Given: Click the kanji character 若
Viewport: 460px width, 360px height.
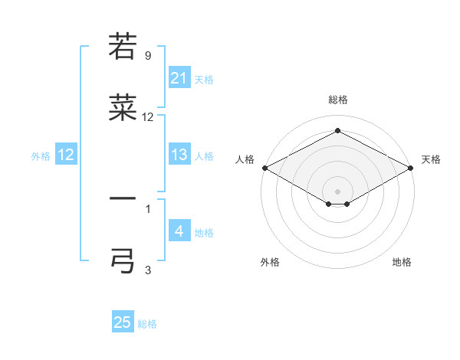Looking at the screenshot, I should (x=123, y=46).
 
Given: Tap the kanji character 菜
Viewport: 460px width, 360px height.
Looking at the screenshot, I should (x=123, y=110).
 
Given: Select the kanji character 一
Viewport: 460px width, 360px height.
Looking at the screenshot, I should (x=123, y=199).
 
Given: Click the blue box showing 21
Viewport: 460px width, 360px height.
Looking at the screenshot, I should (x=179, y=78).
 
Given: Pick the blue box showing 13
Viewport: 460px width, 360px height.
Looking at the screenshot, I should (x=179, y=155).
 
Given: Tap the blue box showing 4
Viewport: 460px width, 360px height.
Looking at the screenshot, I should (x=179, y=231).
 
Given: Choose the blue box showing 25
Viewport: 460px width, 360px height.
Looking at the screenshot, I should (x=123, y=322).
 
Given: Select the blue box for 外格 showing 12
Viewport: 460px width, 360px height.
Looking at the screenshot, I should (x=66, y=155).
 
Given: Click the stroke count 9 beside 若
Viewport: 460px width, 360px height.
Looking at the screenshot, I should (x=147, y=56).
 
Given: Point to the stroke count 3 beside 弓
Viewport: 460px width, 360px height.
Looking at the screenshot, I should (x=147, y=270).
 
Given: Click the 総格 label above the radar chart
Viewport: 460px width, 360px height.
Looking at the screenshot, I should (x=337, y=100).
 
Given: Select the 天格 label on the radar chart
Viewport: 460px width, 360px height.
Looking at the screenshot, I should (x=431, y=159).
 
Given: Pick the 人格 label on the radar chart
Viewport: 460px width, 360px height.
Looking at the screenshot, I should (x=245, y=159).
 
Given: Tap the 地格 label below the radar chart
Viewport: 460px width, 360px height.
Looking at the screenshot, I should (x=402, y=262).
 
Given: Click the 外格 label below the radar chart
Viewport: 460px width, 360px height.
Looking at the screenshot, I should (x=270, y=262).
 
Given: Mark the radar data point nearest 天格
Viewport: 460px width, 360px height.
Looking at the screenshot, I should (x=411, y=168).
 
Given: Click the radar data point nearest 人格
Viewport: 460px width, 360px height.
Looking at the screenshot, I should (x=264, y=168).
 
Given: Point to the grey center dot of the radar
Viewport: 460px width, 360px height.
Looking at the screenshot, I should (x=337, y=191).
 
